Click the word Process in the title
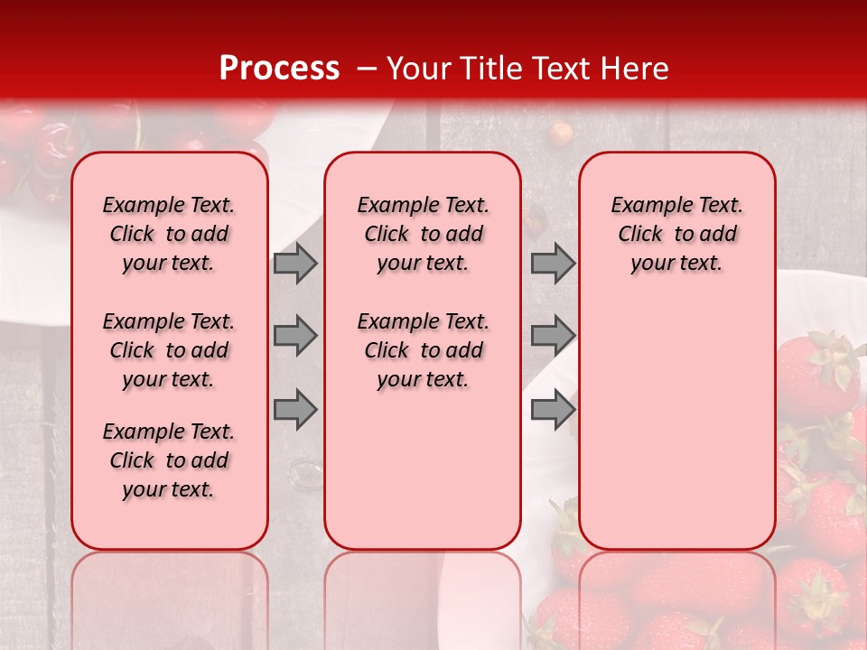click(278, 69)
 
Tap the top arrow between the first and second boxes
click(294, 263)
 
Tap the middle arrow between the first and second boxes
click(294, 336)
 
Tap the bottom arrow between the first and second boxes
click(294, 410)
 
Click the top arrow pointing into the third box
click(552, 263)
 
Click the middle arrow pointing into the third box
click(552, 336)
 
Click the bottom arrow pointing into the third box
click(552, 410)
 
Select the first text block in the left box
click(169, 234)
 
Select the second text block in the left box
click(169, 350)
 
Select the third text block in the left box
click(169, 460)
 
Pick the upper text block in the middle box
click(423, 234)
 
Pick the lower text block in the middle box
click(423, 350)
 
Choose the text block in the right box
click(676, 234)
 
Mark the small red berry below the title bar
click(561, 133)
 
